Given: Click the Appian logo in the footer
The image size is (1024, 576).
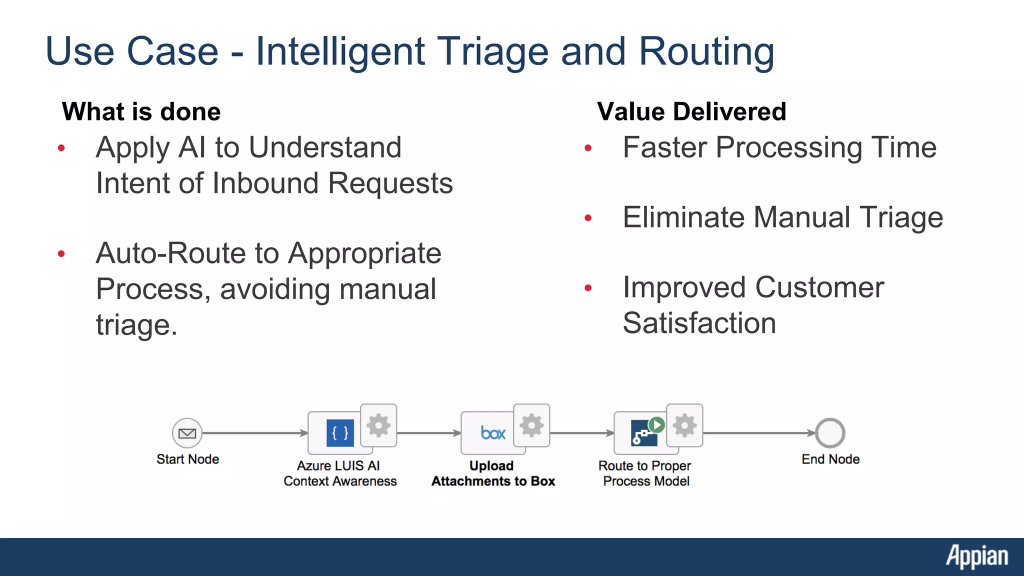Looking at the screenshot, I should (x=976, y=556).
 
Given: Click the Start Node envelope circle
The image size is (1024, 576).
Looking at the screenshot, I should (x=187, y=433).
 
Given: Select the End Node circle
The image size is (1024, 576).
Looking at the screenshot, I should (x=830, y=433).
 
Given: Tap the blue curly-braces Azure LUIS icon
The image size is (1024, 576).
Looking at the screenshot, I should (x=340, y=433).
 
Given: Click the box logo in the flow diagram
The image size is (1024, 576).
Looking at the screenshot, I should (x=493, y=433).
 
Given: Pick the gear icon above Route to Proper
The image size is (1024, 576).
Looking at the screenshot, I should (x=684, y=425).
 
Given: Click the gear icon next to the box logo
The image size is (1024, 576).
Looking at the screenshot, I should (x=531, y=425).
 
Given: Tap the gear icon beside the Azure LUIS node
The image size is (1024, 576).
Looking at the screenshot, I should (x=378, y=425).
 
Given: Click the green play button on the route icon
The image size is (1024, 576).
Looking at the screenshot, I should (x=656, y=425).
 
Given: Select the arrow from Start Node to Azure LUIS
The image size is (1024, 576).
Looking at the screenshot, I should (x=255, y=433).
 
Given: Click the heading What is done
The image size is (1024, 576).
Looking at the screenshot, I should (x=141, y=111).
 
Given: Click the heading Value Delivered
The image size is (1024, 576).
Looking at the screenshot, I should (x=691, y=111).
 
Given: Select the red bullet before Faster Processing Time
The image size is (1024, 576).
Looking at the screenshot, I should (x=588, y=148).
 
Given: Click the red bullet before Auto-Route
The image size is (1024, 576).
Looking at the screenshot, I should (x=61, y=253).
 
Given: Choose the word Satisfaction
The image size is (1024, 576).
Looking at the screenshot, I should (x=699, y=323).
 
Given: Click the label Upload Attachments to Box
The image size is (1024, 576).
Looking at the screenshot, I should (x=493, y=473).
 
